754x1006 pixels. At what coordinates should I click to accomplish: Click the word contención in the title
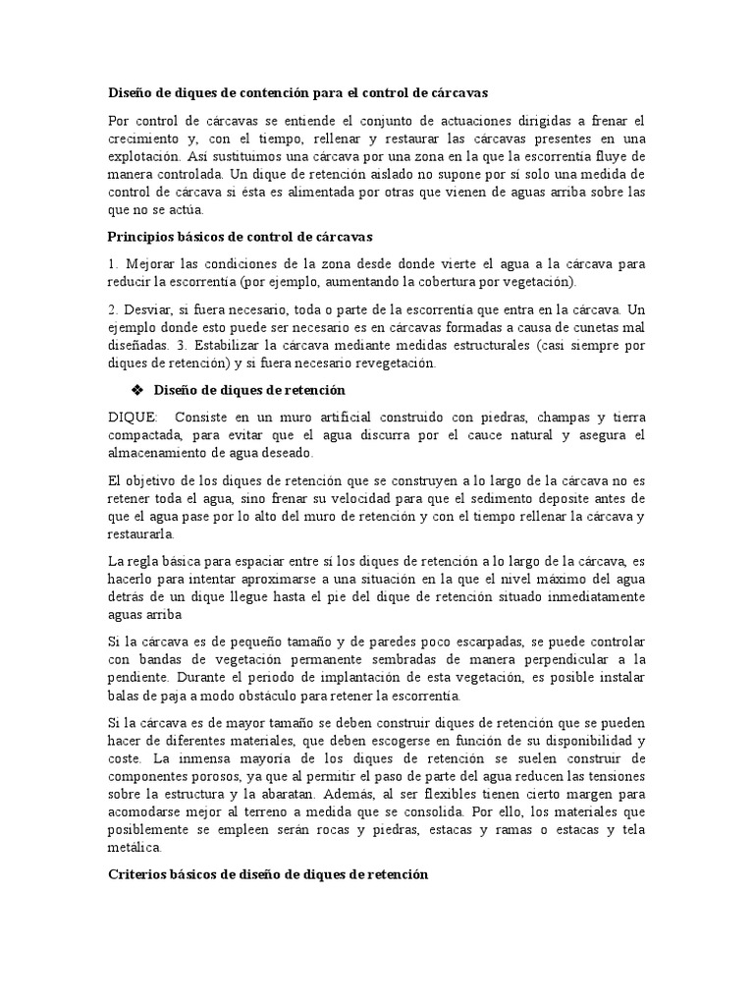click(x=259, y=92)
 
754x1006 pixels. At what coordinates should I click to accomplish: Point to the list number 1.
click(x=111, y=265)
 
